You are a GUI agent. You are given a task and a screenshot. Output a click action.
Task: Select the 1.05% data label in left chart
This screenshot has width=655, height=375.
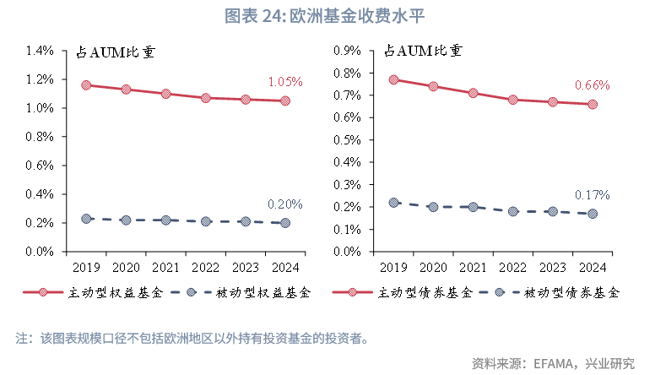[284, 82]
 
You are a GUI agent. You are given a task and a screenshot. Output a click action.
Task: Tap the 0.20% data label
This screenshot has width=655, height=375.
[284, 204]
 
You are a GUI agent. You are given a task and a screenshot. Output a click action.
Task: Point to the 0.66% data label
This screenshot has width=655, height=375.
[592, 85]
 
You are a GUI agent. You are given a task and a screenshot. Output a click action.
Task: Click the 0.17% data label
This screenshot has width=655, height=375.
[592, 195]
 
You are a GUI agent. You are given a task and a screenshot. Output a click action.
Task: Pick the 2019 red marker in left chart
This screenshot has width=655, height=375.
[86, 85]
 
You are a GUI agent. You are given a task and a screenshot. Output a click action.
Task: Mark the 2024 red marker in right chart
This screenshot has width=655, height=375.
[593, 105]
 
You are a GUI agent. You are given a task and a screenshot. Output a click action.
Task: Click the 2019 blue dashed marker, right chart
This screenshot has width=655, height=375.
[393, 203]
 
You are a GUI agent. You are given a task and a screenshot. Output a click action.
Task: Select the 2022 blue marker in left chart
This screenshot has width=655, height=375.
[205, 221]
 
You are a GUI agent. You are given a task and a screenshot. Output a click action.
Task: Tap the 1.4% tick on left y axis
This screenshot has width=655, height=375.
[40, 51]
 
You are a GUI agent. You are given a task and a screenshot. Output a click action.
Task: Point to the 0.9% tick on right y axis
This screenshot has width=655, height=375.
[348, 51]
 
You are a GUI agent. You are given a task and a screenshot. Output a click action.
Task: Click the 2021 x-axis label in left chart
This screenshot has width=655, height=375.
[165, 267]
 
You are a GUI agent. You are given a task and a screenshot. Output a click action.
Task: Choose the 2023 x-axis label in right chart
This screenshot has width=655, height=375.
[553, 267]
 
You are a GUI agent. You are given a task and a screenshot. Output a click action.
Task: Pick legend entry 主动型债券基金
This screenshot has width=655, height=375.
[414, 293]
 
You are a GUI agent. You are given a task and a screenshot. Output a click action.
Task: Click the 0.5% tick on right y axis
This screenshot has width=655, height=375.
[348, 140]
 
